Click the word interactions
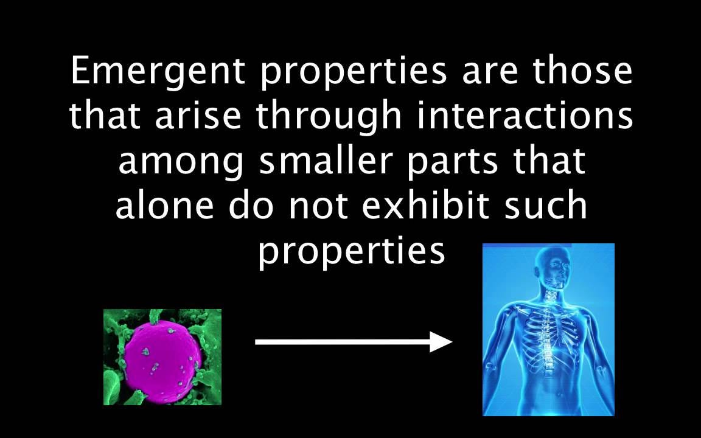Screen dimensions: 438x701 pos(525,117)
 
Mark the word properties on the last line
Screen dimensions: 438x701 pos(351,253)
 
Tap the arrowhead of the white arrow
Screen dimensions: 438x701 pos(441,342)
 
